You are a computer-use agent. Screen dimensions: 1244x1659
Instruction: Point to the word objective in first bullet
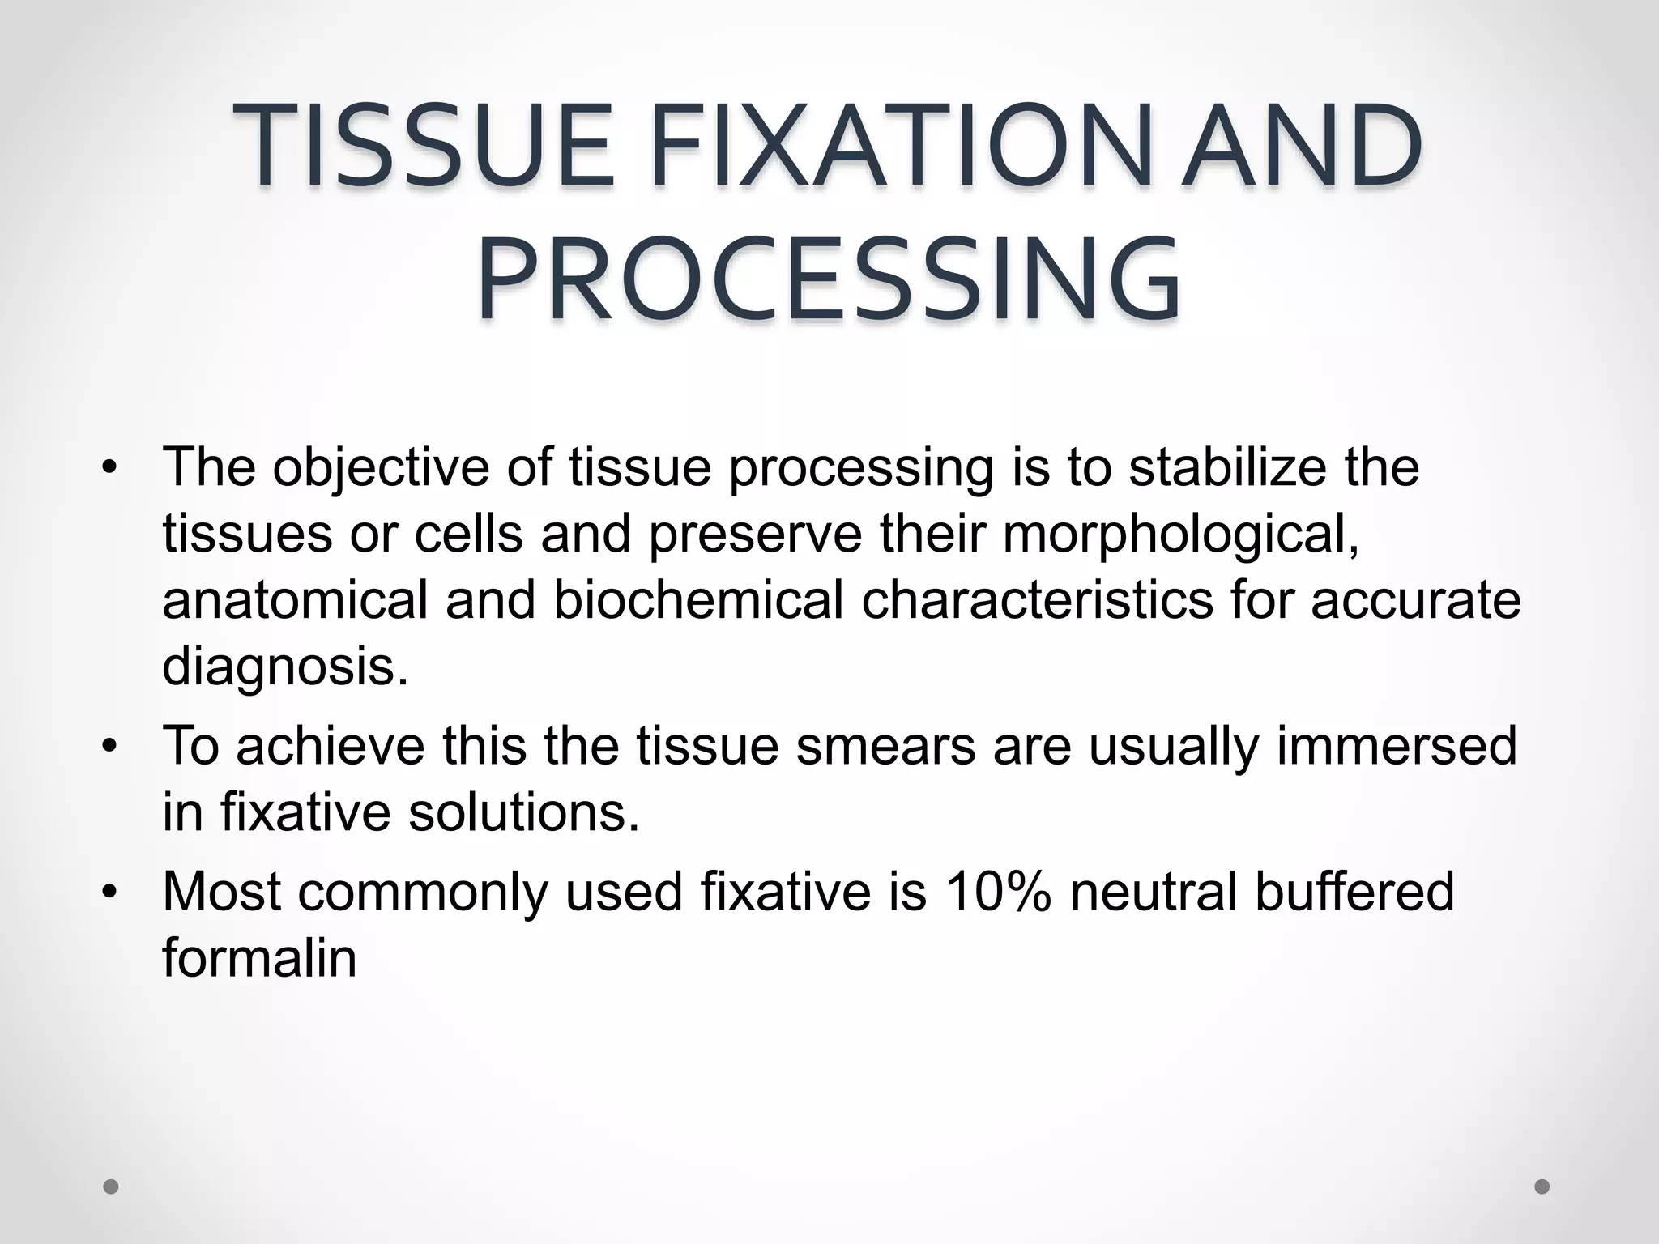click(x=381, y=468)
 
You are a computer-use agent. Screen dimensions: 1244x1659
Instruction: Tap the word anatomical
click(x=294, y=600)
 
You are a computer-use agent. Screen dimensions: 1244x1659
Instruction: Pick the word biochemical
click(x=697, y=600)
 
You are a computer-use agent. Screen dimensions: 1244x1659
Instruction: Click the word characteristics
click(x=1037, y=600)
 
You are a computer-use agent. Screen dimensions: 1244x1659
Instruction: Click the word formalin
click(x=259, y=957)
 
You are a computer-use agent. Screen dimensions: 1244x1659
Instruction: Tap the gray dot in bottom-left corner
click(x=111, y=1186)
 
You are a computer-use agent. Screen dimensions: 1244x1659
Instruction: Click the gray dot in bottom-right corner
click(x=1542, y=1186)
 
